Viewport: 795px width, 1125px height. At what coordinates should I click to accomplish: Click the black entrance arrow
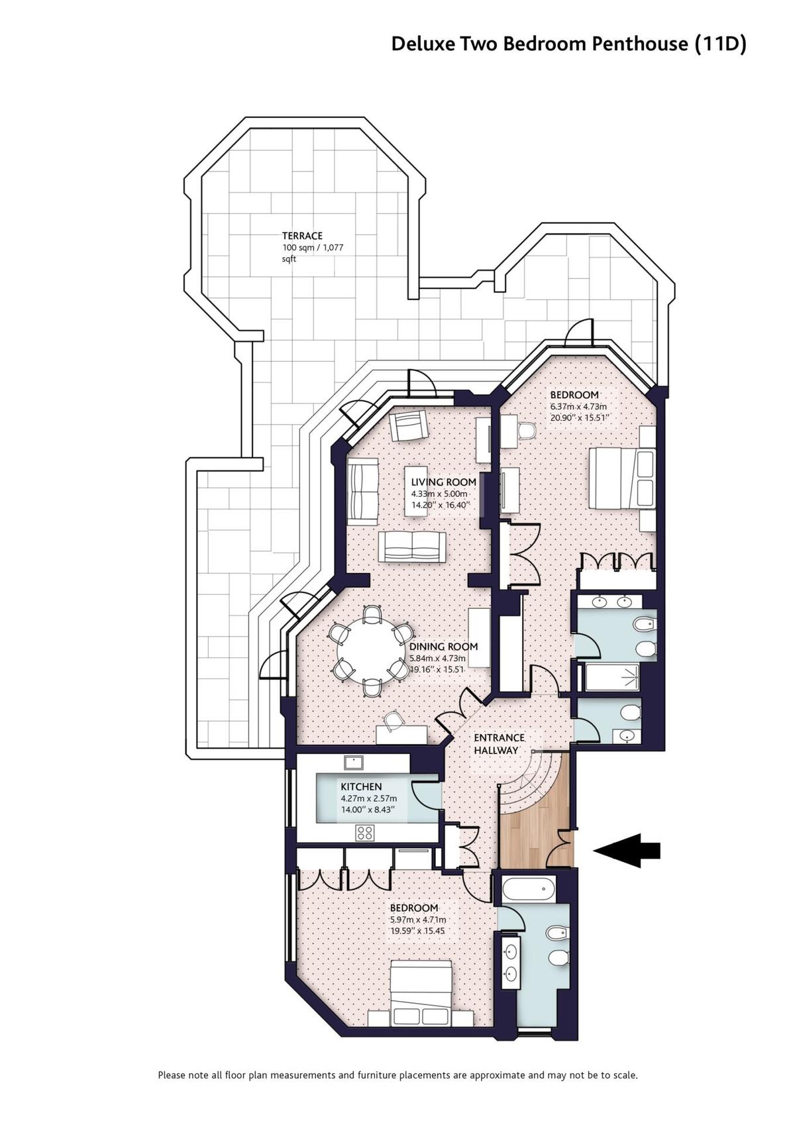pyautogui.click(x=626, y=850)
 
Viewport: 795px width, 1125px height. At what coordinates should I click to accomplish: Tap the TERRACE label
pyautogui.click(x=302, y=236)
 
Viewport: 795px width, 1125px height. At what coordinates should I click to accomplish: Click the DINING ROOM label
pyautogui.click(x=443, y=647)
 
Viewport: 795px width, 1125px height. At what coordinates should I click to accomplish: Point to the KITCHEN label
pyautogui.click(x=361, y=786)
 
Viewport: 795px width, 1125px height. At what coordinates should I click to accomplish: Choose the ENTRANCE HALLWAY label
pyautogui.click(x=500, y=744)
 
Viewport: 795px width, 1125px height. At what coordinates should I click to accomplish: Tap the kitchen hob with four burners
pyautogui.click(x=364, y=833)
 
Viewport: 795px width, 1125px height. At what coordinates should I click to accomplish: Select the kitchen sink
pyautogui.click(x=354, y=763)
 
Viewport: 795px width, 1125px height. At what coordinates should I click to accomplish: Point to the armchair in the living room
pyautogui.click(x=408, y=426)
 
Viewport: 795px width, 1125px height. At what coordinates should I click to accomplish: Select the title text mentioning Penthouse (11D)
pyautogui.click(x=568, y=44)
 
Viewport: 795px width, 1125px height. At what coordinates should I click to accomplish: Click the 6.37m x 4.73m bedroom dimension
pyautogui.click(x=578, y=406)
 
